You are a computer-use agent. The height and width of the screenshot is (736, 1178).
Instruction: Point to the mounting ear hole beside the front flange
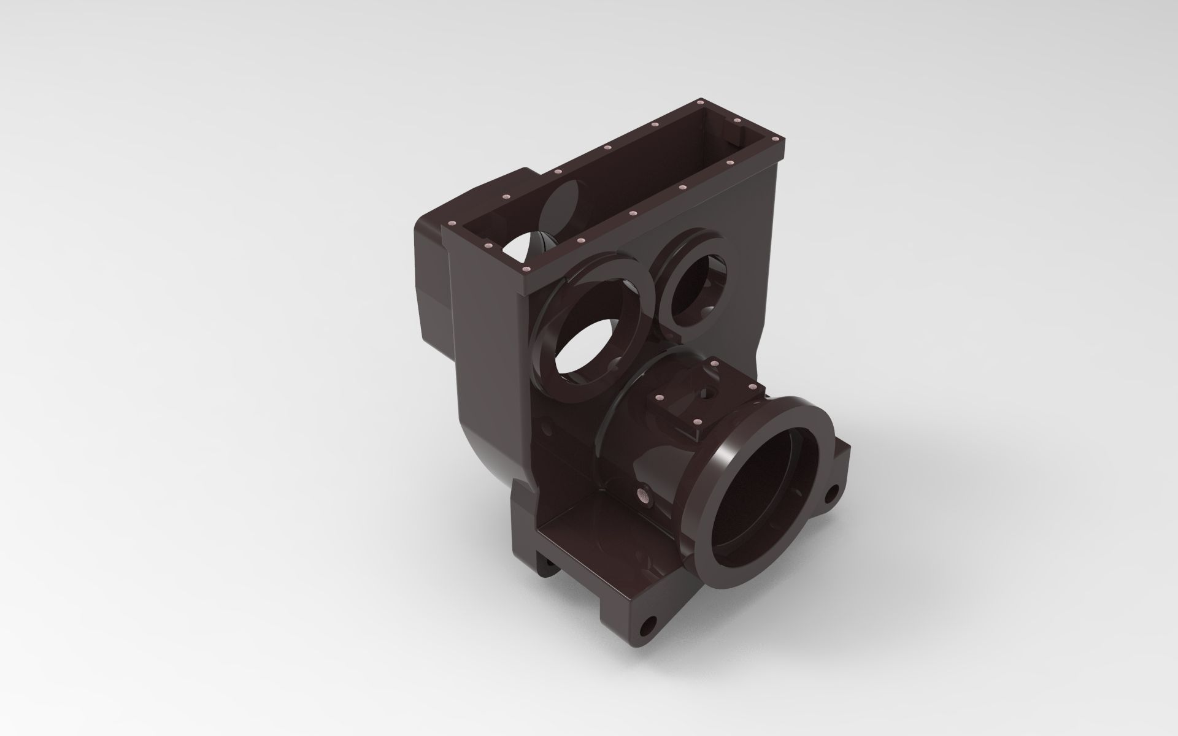coord(833,493)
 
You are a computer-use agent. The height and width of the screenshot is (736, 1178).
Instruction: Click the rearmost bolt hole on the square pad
coord(714,364)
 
